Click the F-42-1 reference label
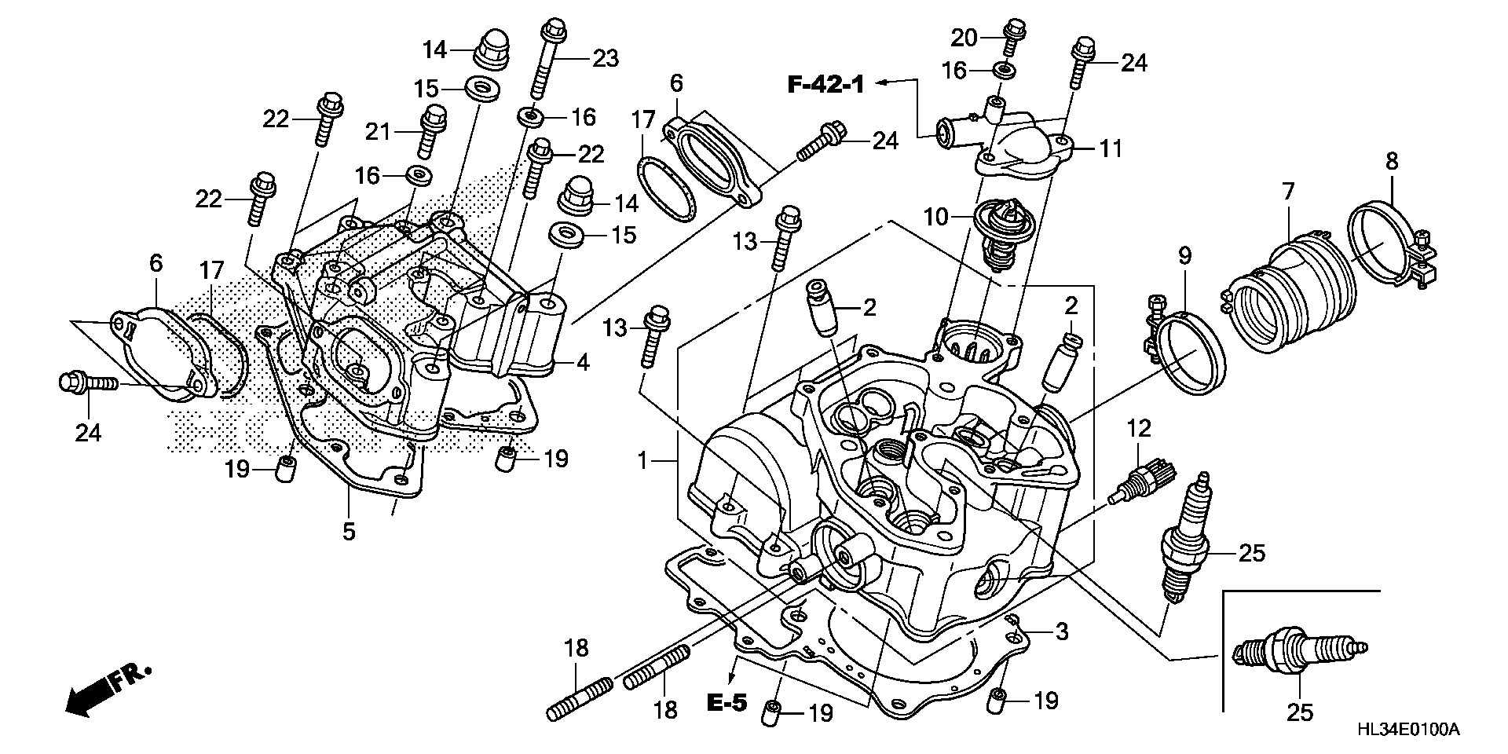(825, 84)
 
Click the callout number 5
(349, 532)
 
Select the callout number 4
(582, 363)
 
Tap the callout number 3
(1062, 631)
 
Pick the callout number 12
(1140, 429)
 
